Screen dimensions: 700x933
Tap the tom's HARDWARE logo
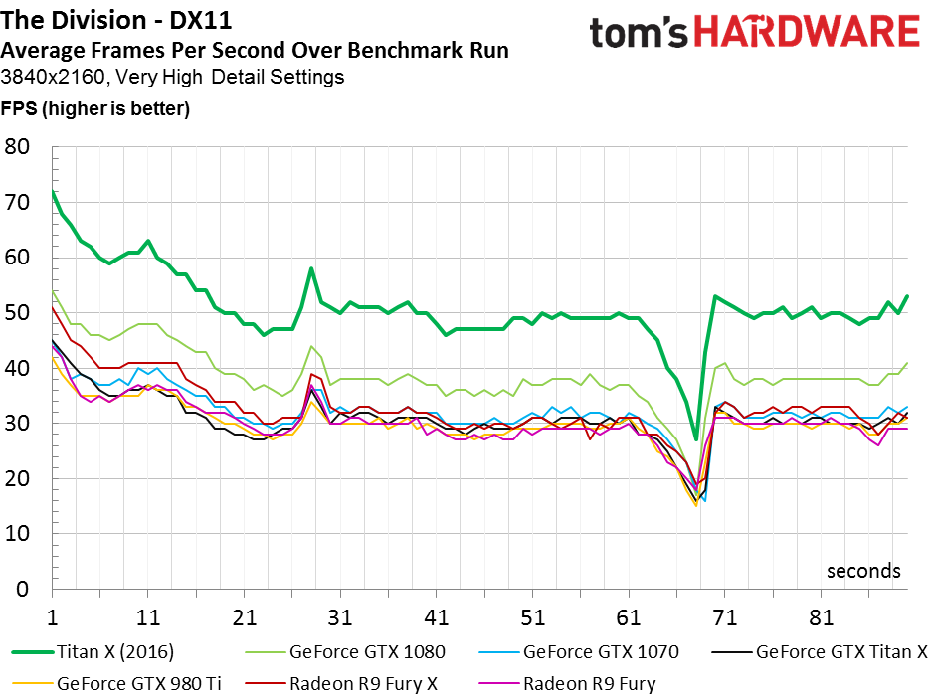(754, 32)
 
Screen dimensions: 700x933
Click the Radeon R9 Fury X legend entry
(363, 683)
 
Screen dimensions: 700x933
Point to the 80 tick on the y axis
(18, 147)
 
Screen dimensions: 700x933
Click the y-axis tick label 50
(18, 313)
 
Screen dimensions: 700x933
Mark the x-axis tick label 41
(437, 617)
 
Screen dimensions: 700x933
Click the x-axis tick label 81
(822, 617)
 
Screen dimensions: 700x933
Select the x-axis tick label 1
(52, 617)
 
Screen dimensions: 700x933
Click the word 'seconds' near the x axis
(863, 571)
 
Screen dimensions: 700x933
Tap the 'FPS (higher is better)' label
(95, 108)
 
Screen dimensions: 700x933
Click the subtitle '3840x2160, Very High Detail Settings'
(173, 76)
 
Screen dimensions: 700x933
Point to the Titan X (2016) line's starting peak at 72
(52, 192)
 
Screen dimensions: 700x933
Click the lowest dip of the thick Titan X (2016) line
(696, 439)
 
